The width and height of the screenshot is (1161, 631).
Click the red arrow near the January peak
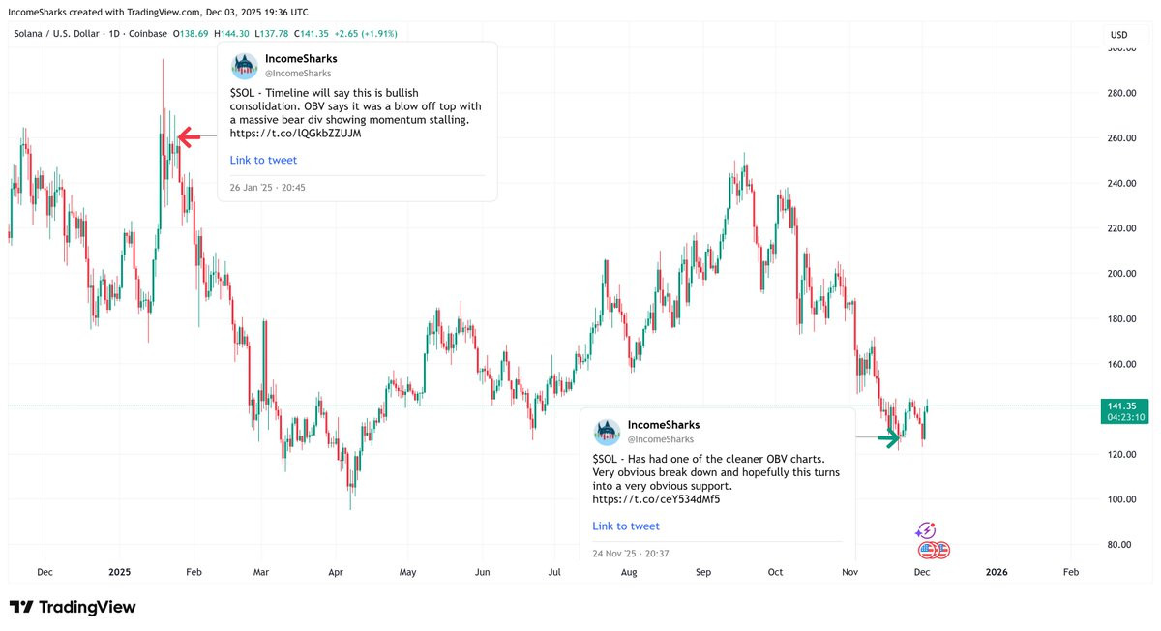188,137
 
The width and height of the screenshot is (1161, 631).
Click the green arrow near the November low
888,437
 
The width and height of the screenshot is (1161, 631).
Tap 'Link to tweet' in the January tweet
263,160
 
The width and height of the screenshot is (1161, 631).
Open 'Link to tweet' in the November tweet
626,526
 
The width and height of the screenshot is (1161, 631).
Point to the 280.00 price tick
1121,93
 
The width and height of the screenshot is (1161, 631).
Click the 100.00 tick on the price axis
1121,499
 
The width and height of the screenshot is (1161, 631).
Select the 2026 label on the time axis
996,572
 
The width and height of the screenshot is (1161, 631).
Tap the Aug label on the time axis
629,572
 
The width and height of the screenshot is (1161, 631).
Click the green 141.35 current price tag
1124,406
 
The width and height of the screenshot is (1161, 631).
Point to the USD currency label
1119,36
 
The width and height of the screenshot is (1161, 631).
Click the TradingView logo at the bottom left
73,607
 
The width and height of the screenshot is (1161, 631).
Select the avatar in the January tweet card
243,66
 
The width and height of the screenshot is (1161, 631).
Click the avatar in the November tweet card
607,432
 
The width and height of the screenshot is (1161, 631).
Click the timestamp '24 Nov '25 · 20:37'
632,554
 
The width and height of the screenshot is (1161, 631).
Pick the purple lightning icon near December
926,530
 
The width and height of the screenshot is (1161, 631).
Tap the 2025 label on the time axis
119,572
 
